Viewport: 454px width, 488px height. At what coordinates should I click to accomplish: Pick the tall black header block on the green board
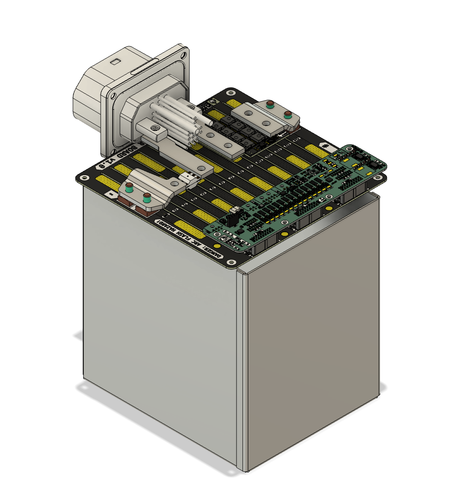(230, 220)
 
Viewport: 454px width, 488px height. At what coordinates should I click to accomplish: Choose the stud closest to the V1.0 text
(129, 186)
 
